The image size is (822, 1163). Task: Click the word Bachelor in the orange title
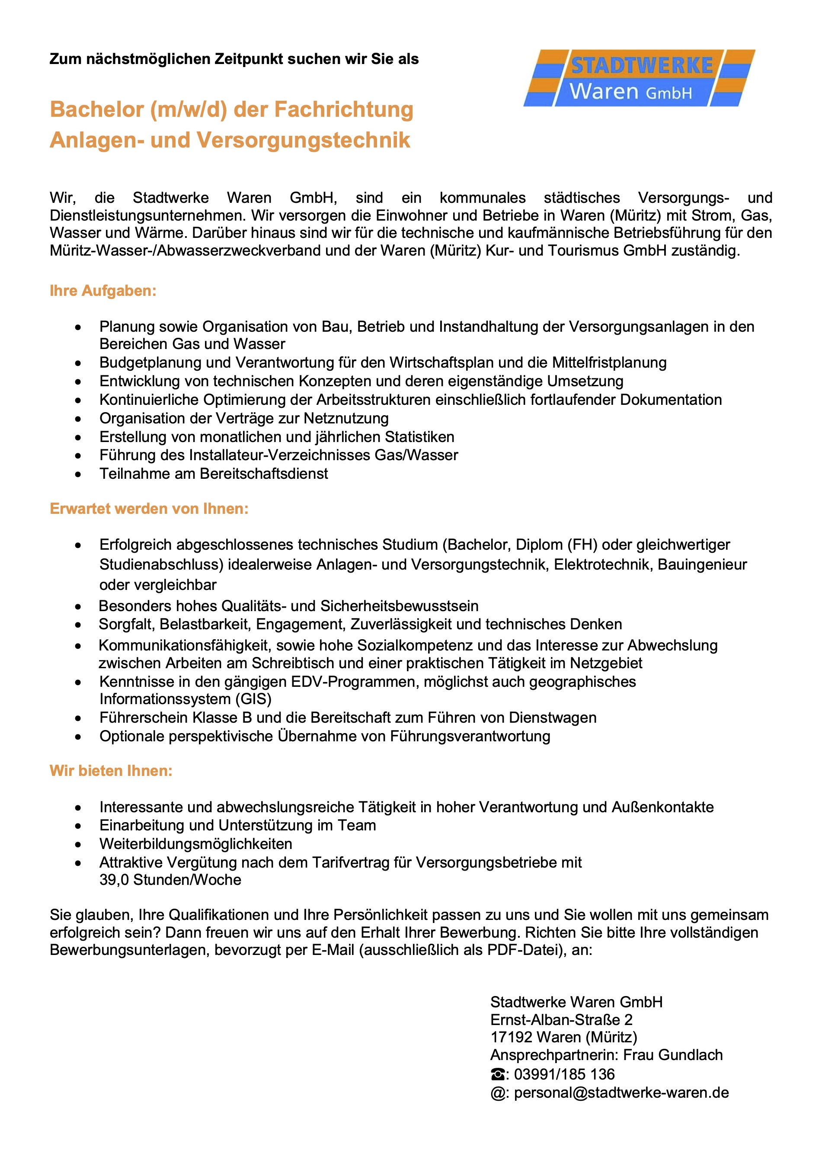click(x=97, y=109)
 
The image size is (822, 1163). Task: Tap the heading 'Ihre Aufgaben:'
click(x=103, y=291)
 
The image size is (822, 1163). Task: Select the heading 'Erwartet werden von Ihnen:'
click(x=149, y=509)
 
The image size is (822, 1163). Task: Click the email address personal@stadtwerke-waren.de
click(x=621, y=1093)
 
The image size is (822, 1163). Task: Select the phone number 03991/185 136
click(x=564, y=1074)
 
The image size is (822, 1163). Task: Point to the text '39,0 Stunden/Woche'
click(x=170, y=880)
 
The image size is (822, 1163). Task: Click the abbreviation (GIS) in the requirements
click(x=253, y=699)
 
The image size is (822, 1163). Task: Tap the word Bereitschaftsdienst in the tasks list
click(x=264, y=474)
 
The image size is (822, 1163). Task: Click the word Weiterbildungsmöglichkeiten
click(x=196, y=844)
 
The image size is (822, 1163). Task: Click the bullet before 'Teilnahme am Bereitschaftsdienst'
click(x=78, y=474)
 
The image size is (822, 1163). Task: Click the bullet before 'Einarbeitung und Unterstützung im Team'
click(x=78, y=826)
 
